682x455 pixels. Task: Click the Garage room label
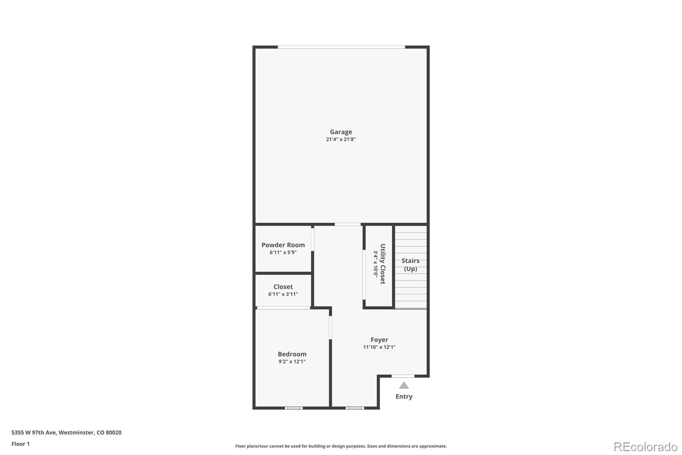click(341, 132)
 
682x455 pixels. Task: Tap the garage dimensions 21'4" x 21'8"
click(341, 139)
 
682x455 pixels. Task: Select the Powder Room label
click(283, 245)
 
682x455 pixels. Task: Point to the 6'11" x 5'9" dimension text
click(283, 252)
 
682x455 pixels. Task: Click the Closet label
click(283, 287)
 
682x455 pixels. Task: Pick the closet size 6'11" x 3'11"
click(283, 294)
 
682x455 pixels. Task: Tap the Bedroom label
click(292, 354)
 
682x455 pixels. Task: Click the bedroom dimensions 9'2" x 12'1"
click(292, 362)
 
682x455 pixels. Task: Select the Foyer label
click(379, 340)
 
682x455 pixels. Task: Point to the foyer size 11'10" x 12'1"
click(379, 347)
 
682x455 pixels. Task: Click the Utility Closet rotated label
click(383, 264)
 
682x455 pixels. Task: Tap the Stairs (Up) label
click(410, 265)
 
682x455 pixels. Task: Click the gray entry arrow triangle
click(404, 385)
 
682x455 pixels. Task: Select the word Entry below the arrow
click(404, 397)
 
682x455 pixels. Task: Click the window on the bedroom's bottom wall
click(294, 408)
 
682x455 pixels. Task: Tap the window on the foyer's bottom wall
click(355, 408)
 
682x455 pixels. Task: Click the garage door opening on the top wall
click(341, 47)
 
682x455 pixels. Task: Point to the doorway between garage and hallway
click(347, 224)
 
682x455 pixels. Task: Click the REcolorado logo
click(645, 447)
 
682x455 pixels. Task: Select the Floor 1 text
click(20, 444)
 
